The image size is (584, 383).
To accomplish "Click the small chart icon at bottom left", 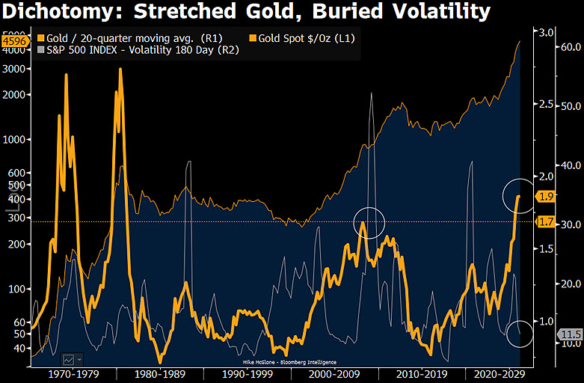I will tap(73, 360).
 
